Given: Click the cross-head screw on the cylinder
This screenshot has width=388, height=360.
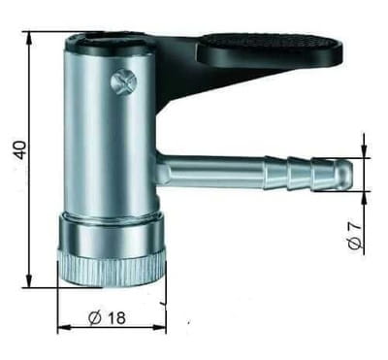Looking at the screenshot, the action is pyautogui.click(x=123, y=82).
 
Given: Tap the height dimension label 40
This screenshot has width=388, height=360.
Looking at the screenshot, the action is pyautogui.click(x=20, y=149).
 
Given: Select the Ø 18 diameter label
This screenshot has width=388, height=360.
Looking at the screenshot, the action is pyautogui.click(x=107, y=318).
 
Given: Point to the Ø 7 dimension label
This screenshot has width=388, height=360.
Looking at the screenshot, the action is pyautogui.click(x=355, y=236).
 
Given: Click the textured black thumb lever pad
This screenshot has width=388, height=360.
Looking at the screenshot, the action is pyautogui.click(x=269, y=49).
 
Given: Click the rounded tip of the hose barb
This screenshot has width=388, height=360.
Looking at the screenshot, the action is pyautogui.click(x=346, y=174).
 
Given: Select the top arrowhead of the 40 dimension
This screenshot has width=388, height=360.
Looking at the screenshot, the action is pyautogui.click(x=29, y=38).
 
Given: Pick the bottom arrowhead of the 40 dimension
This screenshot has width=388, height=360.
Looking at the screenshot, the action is pyautogui.click(x=29, y=280).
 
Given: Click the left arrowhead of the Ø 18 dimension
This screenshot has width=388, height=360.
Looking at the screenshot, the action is pyautogui.click(x=64, y=328).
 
